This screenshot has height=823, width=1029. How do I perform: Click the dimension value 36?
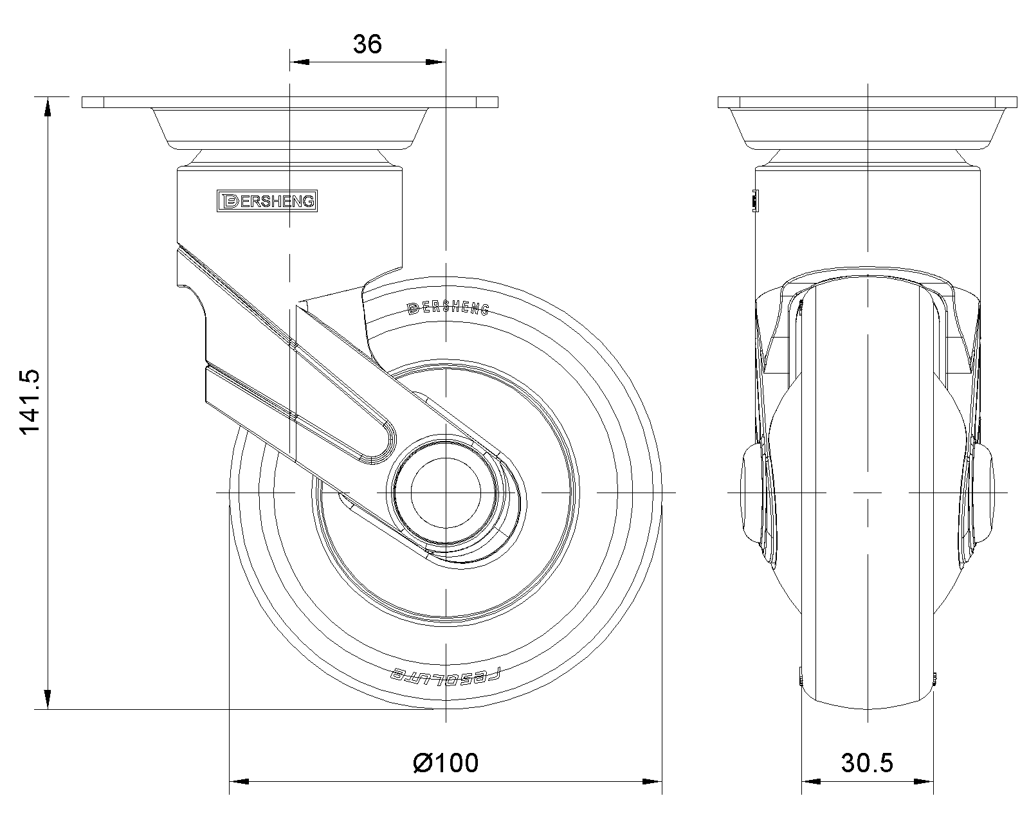pos(367,44)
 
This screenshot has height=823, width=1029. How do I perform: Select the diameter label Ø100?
pos(446,763)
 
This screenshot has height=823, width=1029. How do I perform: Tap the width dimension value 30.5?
pos(867,763)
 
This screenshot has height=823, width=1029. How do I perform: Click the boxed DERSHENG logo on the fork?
pos(268,201)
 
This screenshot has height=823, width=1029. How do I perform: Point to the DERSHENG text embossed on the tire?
pos(448,309)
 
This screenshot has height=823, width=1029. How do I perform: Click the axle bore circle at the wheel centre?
pos(446,493)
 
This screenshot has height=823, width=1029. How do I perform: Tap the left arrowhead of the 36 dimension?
pos(299,62)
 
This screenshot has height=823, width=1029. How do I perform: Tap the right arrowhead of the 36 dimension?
pos(436,62)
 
